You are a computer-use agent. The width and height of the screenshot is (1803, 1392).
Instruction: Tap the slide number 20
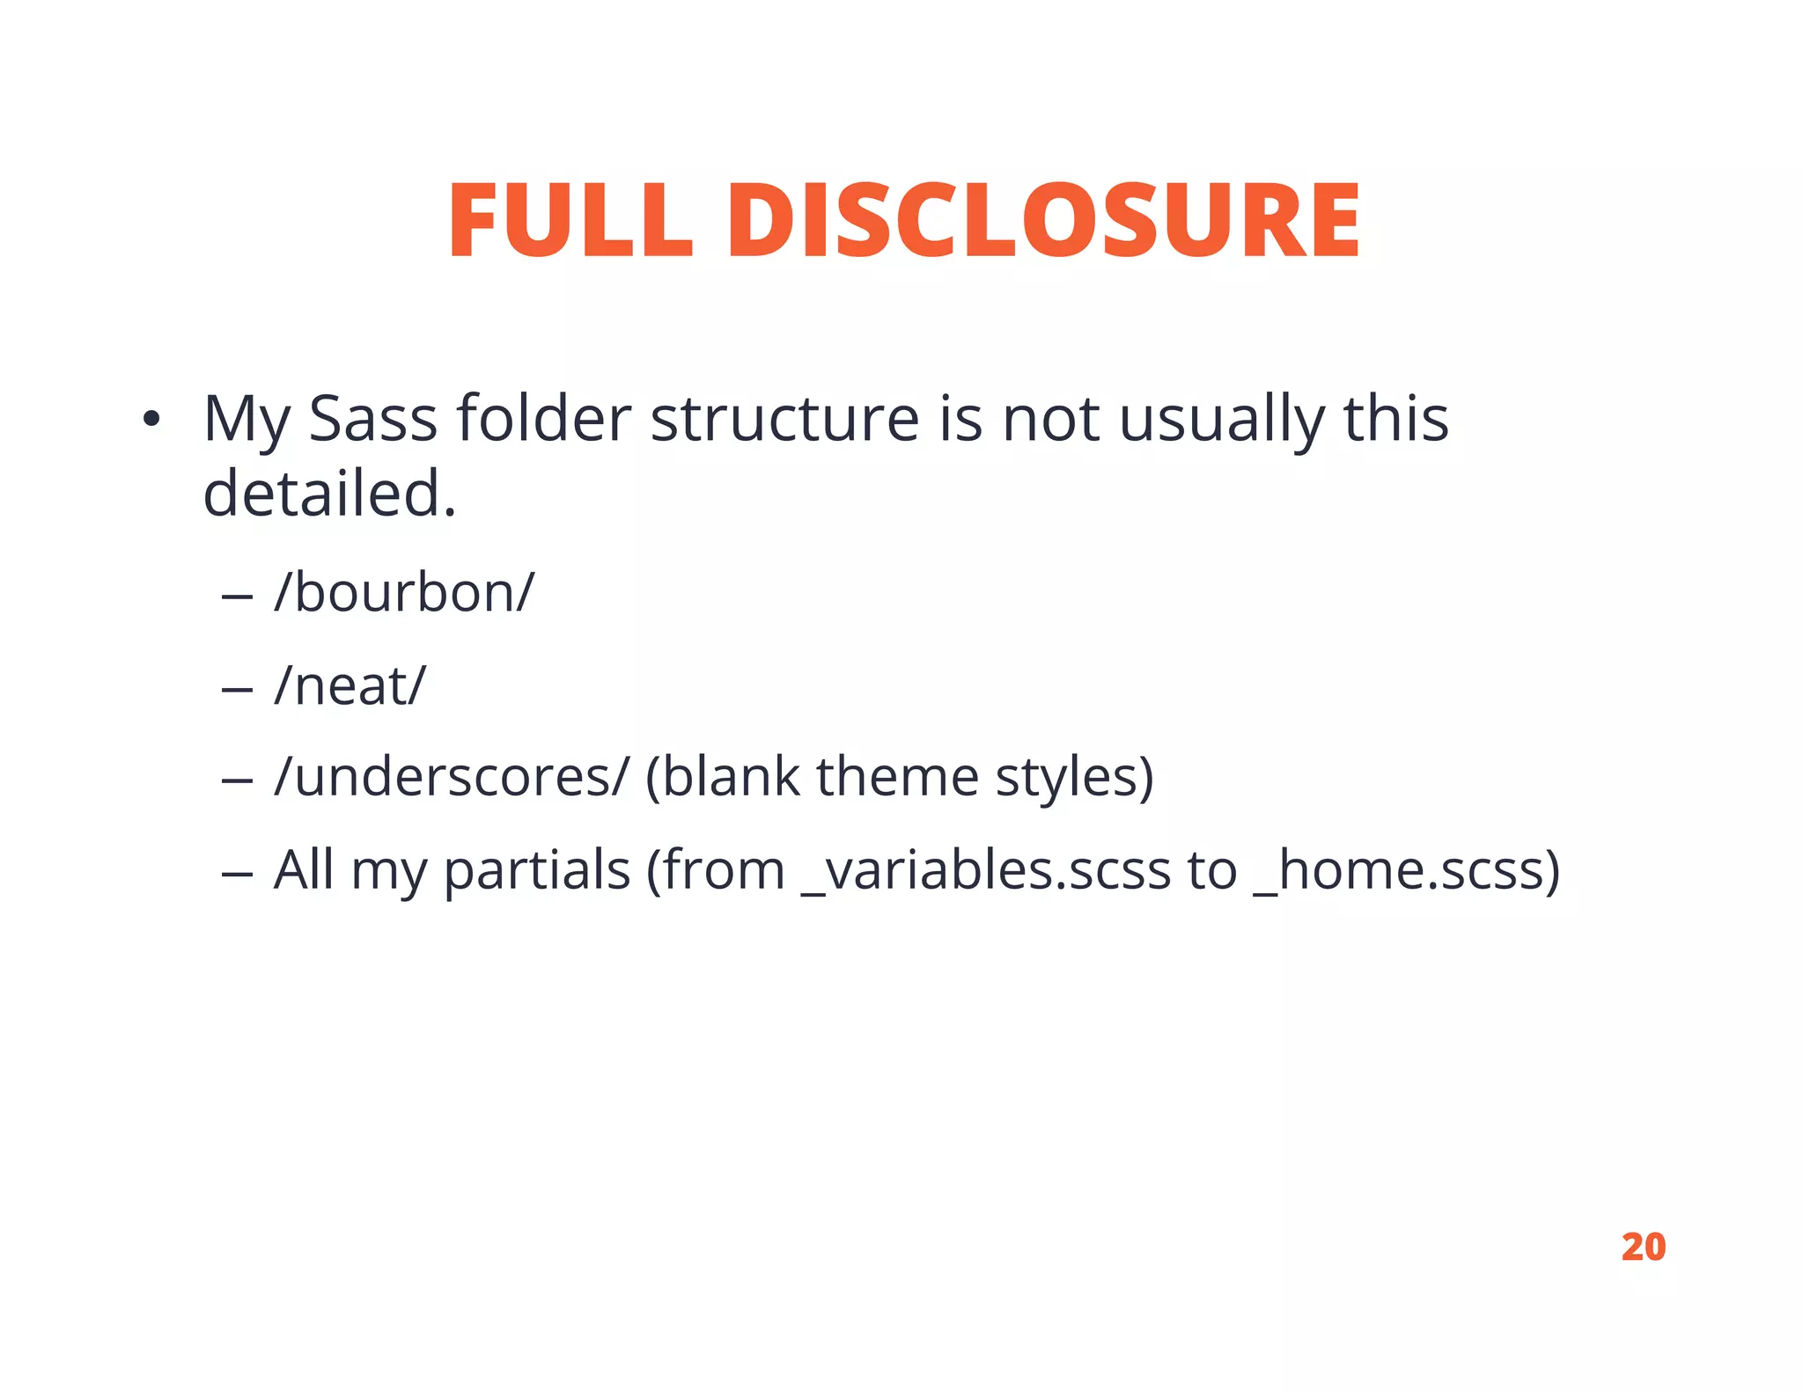(x=1643, y=1247)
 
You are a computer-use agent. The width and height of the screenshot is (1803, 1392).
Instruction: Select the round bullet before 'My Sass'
(x=151, y=420)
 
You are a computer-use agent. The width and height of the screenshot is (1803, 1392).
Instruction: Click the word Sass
(x=372, y=419)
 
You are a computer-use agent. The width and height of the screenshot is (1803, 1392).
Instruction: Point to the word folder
(x=543, y=419)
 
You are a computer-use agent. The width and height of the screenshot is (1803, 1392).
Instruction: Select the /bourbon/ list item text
(x=404, y=592)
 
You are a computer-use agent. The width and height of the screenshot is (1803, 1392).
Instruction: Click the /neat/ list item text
(x=350, y=685)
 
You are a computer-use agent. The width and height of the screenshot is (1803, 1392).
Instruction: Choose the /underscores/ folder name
(x=452, y=777)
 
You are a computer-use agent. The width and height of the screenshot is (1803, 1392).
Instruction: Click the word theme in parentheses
(x=897, y=777)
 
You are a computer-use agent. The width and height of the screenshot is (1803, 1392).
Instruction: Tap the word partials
(x=536, y=871)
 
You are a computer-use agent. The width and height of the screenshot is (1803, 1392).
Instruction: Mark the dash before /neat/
(x=237, y=690)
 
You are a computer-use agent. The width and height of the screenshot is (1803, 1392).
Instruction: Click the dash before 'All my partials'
(x=237, y=875)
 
